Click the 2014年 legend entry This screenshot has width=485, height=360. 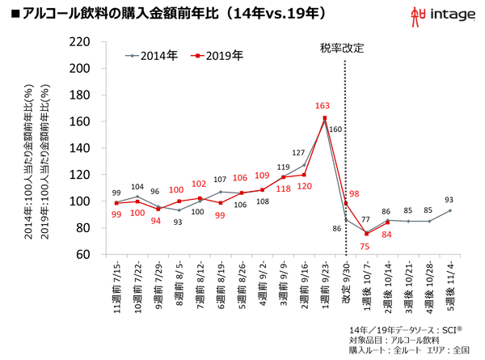pyautogui.click(x=154, y=56)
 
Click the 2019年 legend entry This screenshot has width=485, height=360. pyautogui.click(x=219, y=56)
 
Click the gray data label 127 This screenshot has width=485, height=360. pyautogui.click(x=298, y=153)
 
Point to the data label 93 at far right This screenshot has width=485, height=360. pyautogui.click(x=450, y=200)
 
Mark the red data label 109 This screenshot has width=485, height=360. pyautogui.click(x=262, y=176)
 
